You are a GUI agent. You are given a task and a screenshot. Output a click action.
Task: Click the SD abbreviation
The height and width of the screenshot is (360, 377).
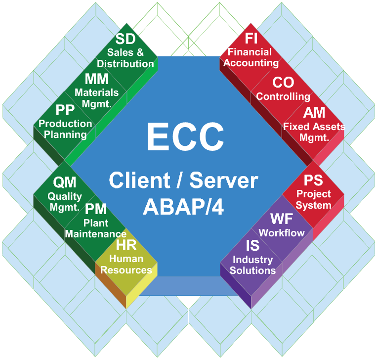(x=126, y=40)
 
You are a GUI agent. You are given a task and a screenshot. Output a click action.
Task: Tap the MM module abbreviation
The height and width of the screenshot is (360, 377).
(x=97, y=80)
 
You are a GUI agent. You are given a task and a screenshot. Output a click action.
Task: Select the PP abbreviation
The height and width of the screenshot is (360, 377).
(x=65, y=110)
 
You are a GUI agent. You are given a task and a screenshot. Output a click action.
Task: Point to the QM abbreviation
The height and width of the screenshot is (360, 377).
(x=65, y=183)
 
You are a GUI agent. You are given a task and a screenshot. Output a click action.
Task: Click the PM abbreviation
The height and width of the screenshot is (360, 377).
(x=96, y=209)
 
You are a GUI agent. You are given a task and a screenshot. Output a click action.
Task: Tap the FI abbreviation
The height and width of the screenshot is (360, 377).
(x=253, y=39)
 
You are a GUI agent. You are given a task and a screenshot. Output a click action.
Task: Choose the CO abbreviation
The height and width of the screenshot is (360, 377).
(x=283, y=83)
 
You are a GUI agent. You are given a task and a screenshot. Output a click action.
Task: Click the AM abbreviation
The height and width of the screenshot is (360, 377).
(x=314, y=113)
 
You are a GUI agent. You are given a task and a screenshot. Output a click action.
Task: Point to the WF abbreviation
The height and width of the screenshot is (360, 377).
(x=282, y=219)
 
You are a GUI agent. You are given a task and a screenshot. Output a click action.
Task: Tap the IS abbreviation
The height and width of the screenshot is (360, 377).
(x=252, y=246)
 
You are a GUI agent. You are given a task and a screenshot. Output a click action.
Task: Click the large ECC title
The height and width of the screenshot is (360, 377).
(x=185, y=137)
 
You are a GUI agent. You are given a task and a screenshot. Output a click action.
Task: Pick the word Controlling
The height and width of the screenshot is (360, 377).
(x=283, y=96)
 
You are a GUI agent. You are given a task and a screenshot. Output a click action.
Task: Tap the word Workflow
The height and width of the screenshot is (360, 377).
(x=282, y=233)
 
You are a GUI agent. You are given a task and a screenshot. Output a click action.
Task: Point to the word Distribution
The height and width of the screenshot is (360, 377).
(x=126, y=64)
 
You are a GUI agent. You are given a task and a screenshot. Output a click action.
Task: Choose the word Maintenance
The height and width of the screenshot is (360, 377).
(x=96, y=233)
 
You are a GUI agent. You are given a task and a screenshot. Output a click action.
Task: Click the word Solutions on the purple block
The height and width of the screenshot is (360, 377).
(x=253, y=270)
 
